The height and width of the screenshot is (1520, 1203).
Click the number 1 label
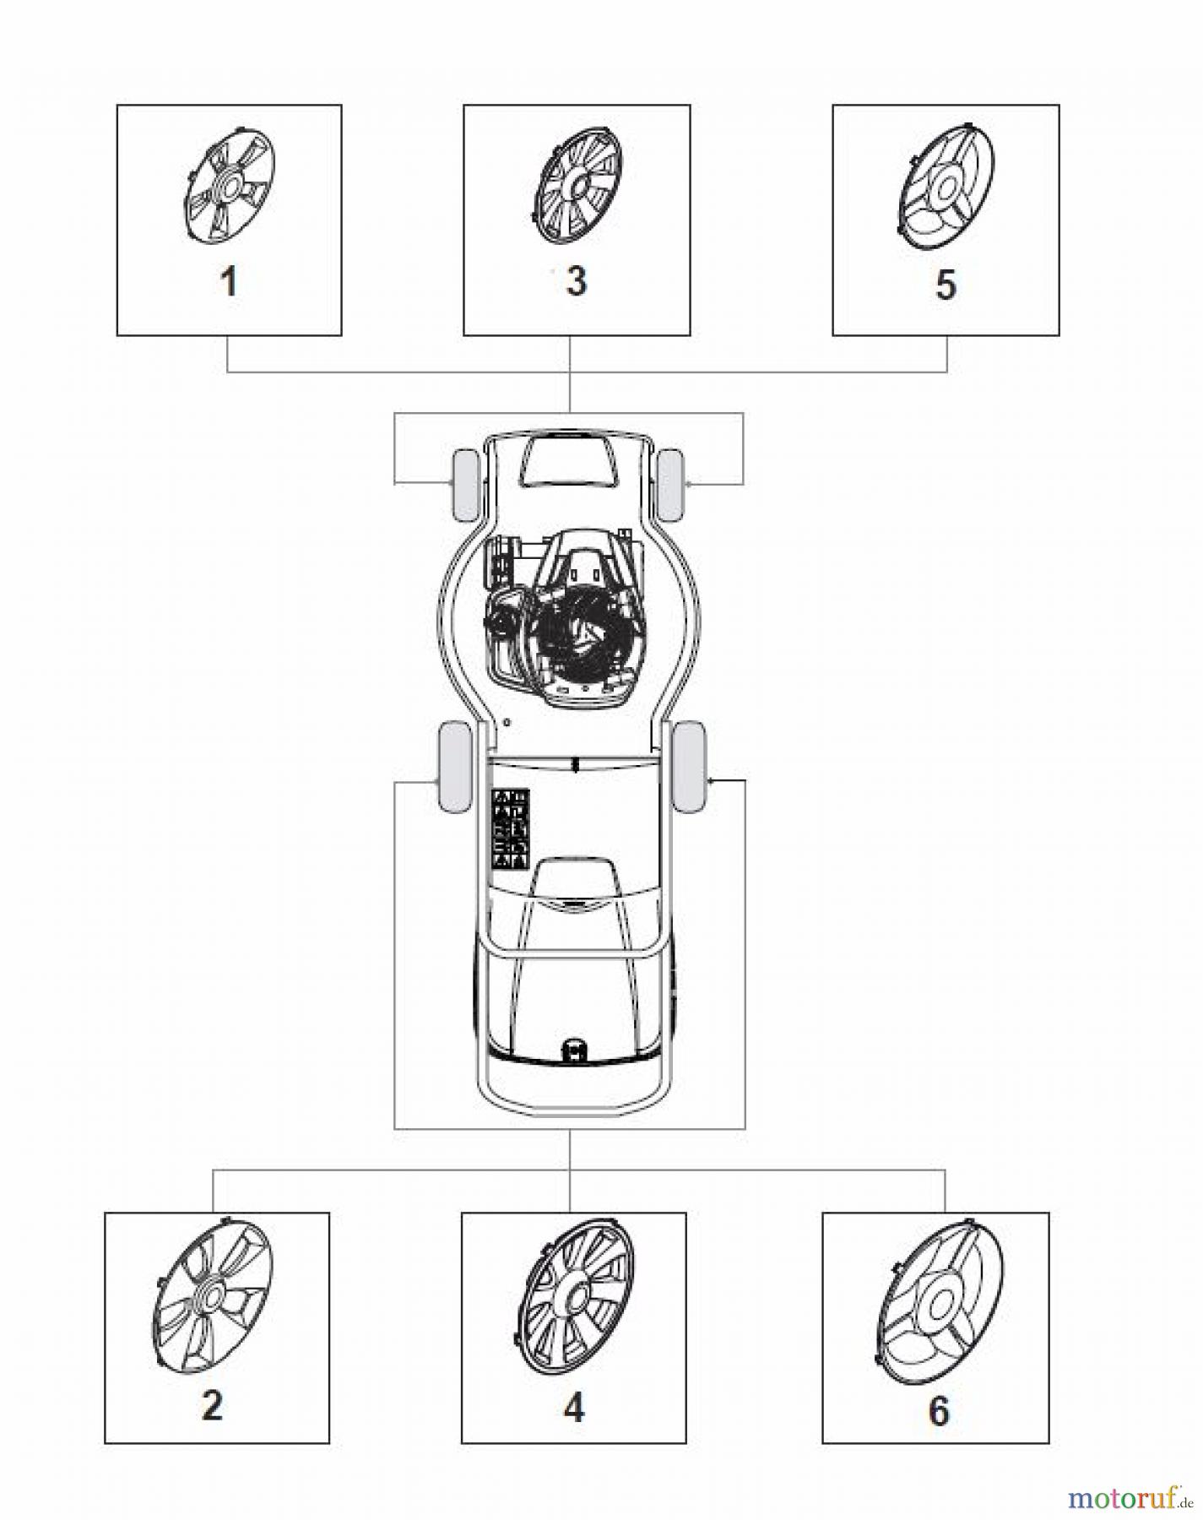(x=229, y=281)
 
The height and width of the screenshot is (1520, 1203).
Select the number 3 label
(x=577, y=280)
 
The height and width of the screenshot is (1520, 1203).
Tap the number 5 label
(x=946, y=285)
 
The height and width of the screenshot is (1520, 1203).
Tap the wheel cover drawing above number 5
(x=945, y=187)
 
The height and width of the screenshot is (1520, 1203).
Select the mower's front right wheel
(x=670, y=485)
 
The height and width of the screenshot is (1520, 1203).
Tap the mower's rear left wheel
(x=455, y=766)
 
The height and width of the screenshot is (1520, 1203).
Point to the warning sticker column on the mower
(x=511, y=828)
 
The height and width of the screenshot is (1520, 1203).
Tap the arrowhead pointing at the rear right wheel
(x=712, y=782)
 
